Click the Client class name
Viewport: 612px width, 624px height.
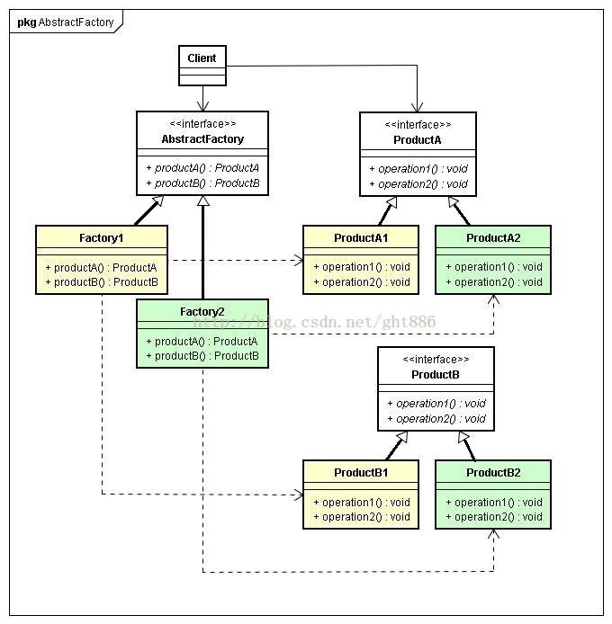tap(202, 58)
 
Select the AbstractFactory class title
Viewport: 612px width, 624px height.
tap(202, 138)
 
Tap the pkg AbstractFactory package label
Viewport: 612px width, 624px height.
tap(66, 22)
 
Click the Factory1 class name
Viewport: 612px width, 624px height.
tap(101, 238)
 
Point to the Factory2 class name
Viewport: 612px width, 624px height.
tap(202, 312)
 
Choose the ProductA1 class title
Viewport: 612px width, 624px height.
tap(361, 238)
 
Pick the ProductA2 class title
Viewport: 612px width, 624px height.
tap(493, 238)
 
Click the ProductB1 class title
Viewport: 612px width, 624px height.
tap(361, 473)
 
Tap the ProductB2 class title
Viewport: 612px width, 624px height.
tap(493, 473)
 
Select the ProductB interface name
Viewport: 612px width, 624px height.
tap(436, 374)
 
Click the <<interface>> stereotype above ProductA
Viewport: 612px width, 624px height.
tap(418, 125)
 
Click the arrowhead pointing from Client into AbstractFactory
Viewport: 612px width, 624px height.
tap(202, 106)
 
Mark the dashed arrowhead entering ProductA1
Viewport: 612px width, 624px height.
tap(299, 260)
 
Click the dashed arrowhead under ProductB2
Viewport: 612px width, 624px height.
tap(494, 534)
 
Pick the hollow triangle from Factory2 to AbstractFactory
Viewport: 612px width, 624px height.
tap(203, 201)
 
